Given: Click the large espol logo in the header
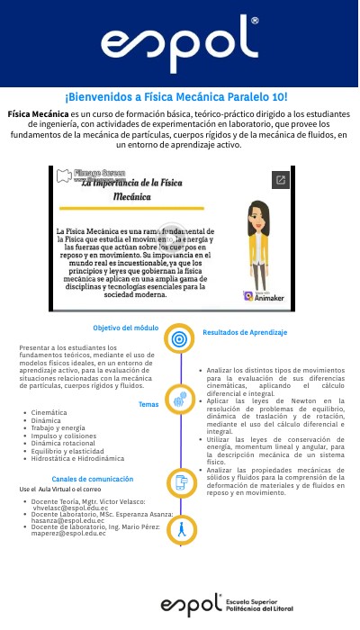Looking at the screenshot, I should [x=179, y=43].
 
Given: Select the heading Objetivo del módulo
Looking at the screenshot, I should [x=126, y=328].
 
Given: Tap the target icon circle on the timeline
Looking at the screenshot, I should [x=180, y=338].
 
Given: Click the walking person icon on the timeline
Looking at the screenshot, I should [x=181, y=529].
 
